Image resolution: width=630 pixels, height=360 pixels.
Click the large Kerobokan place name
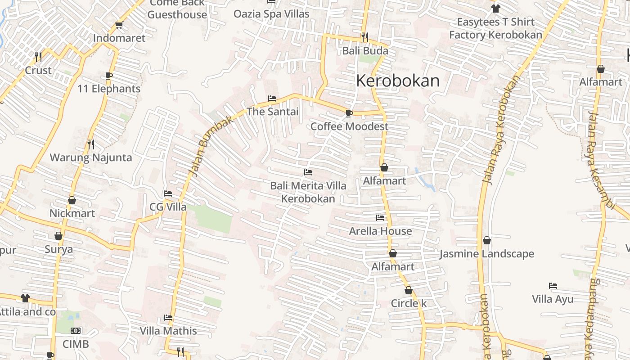(398, 81)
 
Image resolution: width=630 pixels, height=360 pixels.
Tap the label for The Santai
(273, 112)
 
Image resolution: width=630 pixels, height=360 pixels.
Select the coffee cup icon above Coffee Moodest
(349, 113)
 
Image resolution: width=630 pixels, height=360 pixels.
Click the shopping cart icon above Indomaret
(119, 25)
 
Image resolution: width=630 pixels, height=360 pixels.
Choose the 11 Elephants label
(109, 89)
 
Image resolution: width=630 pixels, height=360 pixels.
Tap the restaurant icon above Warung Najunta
(90, 144)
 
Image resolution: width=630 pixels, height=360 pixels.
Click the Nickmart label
(72, 213)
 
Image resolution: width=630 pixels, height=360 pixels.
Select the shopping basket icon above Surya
(58, 236)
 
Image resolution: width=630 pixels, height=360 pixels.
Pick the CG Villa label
(168, 207)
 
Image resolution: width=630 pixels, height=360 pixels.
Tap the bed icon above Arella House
(380, 218)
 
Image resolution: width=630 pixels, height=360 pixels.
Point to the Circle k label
(409, 303)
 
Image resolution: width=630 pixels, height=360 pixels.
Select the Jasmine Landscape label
(487, 254)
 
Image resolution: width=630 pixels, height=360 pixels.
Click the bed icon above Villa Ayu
(553, 286)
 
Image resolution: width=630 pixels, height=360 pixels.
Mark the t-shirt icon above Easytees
(495, 8)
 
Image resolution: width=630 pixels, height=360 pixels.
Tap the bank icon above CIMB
(76, 331)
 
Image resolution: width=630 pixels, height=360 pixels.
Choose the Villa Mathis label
(168, 331)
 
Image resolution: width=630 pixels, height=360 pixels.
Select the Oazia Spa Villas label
(271, 14)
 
